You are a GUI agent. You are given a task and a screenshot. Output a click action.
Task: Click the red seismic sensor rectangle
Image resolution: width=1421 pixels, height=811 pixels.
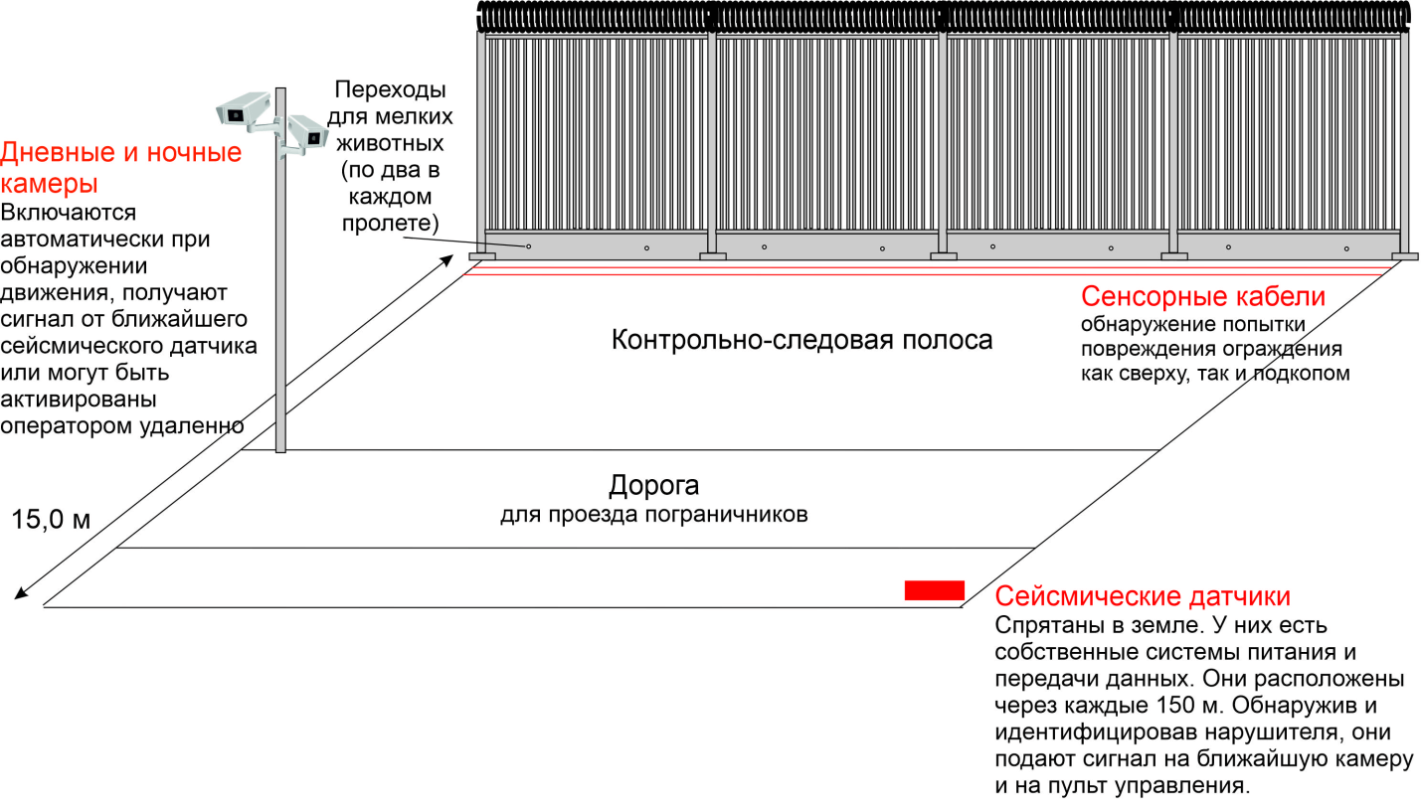(x=934, y=590)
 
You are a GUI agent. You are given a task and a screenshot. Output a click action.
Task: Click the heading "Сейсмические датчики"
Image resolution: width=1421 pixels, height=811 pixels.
(x=1143, y=596)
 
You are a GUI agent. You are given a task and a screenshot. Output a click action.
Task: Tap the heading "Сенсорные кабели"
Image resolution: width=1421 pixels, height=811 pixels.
(x=1203, y=296)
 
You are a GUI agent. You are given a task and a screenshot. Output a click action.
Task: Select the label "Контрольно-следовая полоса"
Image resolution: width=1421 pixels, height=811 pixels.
(x=801, y=340)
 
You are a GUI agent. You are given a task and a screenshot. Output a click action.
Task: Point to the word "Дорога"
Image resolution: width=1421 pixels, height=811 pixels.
(x=653, y=486)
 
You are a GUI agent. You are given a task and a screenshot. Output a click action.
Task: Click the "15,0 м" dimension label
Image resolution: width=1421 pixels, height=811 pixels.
(x=51, y=519)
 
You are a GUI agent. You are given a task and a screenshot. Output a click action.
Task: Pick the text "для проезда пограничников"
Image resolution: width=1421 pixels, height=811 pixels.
(x=653, y=515)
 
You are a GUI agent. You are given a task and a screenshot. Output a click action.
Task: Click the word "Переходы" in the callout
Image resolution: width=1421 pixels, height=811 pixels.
(x=389, y=90)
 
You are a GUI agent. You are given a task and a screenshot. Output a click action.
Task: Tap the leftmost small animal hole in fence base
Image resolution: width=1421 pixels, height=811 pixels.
(x=529, y=246)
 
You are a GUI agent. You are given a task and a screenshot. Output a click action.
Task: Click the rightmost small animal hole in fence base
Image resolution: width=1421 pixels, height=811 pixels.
(x=1346, y=248)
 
